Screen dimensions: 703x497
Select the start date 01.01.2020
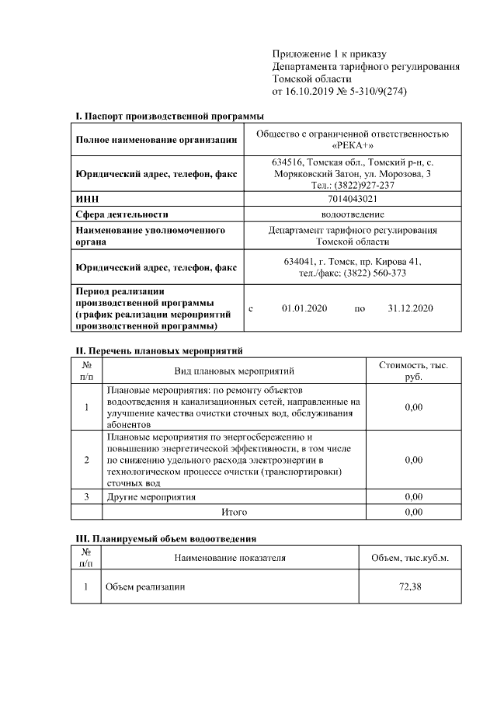[x=304, y=308]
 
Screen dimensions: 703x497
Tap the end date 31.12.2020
[x=410, y=308]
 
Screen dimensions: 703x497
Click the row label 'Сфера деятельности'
[x=122, y=214]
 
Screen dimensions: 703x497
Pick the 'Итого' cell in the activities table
[x=234, y=512]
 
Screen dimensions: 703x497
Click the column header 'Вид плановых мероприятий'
[x=234, y=371]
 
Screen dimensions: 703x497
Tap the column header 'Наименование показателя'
[x=230, y=558]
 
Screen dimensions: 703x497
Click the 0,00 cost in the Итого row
[x=413, y=512]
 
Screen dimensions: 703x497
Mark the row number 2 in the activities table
[x=86, y=460]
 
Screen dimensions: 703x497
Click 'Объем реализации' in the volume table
[x=145, y=586]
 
